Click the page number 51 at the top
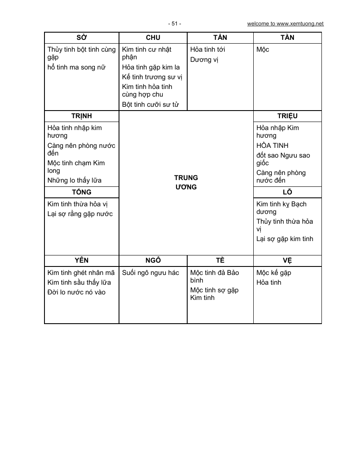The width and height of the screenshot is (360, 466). point(174,24)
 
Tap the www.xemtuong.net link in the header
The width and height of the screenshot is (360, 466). point(285,24)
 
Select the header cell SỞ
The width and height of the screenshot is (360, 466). point(82,38)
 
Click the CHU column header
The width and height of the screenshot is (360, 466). point(153,38)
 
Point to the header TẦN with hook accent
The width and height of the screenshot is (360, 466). point(220,38)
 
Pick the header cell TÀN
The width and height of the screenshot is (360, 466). point(287,38)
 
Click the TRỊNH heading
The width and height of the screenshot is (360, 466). point(82,116)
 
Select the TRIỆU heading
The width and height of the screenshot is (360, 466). point(287,116)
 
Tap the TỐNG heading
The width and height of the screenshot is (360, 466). point(82,192)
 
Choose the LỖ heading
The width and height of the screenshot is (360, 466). point(287,192)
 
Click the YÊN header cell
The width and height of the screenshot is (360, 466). point(82,261)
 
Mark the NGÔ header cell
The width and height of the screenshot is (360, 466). point(153,261)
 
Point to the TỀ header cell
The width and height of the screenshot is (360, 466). point(220,261)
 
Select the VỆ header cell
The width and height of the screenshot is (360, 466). point(287,261)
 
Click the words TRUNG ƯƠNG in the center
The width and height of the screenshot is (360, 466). point(186,182)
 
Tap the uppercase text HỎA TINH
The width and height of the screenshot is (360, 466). point(272,146)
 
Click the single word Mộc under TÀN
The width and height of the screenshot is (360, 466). point(263,50)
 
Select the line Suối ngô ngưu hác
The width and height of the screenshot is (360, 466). point(150,273)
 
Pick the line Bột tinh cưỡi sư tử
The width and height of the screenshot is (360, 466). point(150,104)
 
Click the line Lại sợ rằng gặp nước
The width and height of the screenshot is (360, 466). point(80,214)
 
